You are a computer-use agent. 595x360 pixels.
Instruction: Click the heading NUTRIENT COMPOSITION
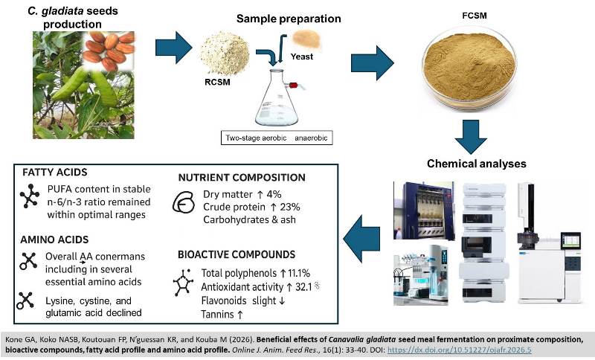click(x=242, y=178)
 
